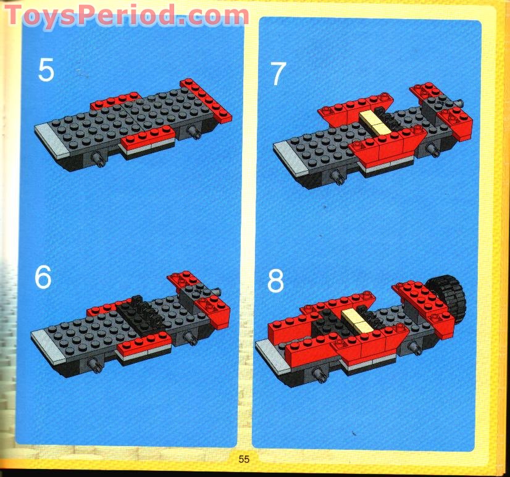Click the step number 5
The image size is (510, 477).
click(x=46, y=70)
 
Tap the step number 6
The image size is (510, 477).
click(x=43, y=278)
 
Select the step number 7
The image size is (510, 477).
click(x=278, y=74)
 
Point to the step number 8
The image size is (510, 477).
click(x=275, y=281)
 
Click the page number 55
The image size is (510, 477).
click(x=244, y=458)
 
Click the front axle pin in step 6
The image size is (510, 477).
click(x=96, y=367)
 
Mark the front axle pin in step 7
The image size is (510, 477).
click(x=338, y=176)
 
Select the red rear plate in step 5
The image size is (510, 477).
click(x=206, y=99)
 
